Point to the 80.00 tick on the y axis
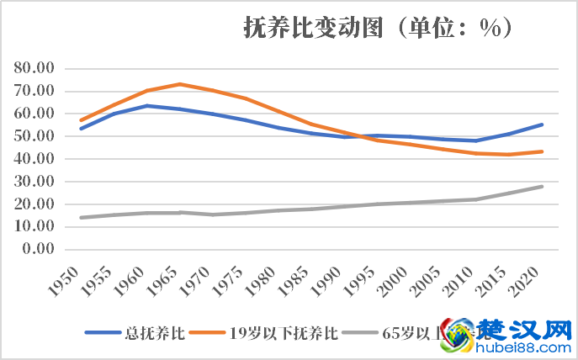(34, 68)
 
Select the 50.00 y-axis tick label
(34, 136)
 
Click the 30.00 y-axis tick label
(34, 182)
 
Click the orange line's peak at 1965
(180, 84)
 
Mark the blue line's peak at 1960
(147, 105)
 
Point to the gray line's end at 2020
(542, 186)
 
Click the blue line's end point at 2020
(542, 124)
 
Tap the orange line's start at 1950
(82, 120)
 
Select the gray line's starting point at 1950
(82, 218)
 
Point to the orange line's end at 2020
(542, 151)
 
